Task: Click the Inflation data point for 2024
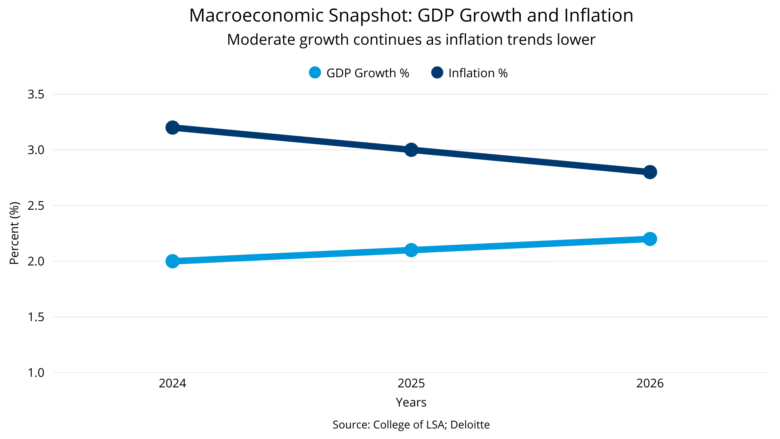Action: [x=172, y=128]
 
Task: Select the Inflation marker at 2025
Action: [x=411, y=150]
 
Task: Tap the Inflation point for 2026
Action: [x=650, y=172]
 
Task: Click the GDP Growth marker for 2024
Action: [x=172, y=261]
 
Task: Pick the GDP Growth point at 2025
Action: [x=411, y=250]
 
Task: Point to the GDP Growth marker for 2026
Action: [x=650, y=239]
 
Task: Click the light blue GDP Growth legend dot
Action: [x=315, y=73]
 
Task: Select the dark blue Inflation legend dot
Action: [x=437, y=73]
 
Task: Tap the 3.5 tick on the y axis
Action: [x=36, y=94]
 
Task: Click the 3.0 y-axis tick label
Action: [x=36, y=150]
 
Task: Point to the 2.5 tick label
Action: [x=36, y=206]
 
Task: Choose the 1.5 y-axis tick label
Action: [x=36, y=317]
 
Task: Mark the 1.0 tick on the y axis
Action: [x=36, y=373]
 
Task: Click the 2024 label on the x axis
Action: [x=172, y=383]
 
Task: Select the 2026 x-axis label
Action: [x=650, y=383]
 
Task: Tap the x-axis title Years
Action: [x=411, y=402]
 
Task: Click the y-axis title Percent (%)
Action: [x=14, y=233]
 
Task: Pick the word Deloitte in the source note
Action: [x=470, y=425]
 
